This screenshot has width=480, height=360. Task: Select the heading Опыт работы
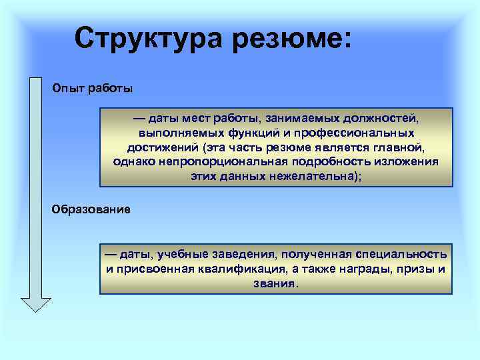[93, 88]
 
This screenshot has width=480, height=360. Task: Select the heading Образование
[91, 209]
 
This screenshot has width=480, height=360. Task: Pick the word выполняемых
[177, 133]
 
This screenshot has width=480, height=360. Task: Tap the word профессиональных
[353, 133]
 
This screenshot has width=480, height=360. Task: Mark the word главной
[399, 147]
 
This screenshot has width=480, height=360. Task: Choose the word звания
[275, 283]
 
